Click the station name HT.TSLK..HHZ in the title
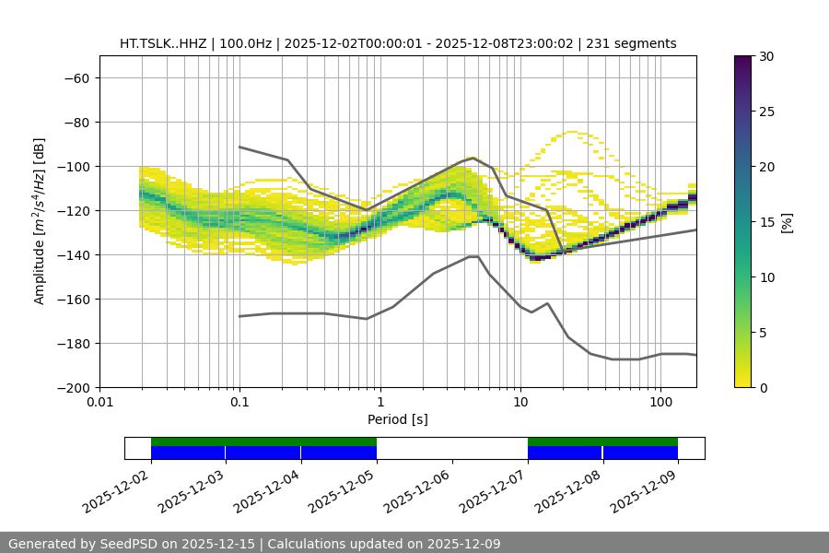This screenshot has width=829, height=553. (x=163, y=43)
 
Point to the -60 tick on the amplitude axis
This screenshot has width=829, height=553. (x=76, y=77)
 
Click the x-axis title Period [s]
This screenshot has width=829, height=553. (x=397, y=419)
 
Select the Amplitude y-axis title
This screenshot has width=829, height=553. (x=40, y=221)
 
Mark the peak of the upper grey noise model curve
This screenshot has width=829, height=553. (x=473, y=158)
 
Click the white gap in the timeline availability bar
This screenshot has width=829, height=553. (x=451, y=448)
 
